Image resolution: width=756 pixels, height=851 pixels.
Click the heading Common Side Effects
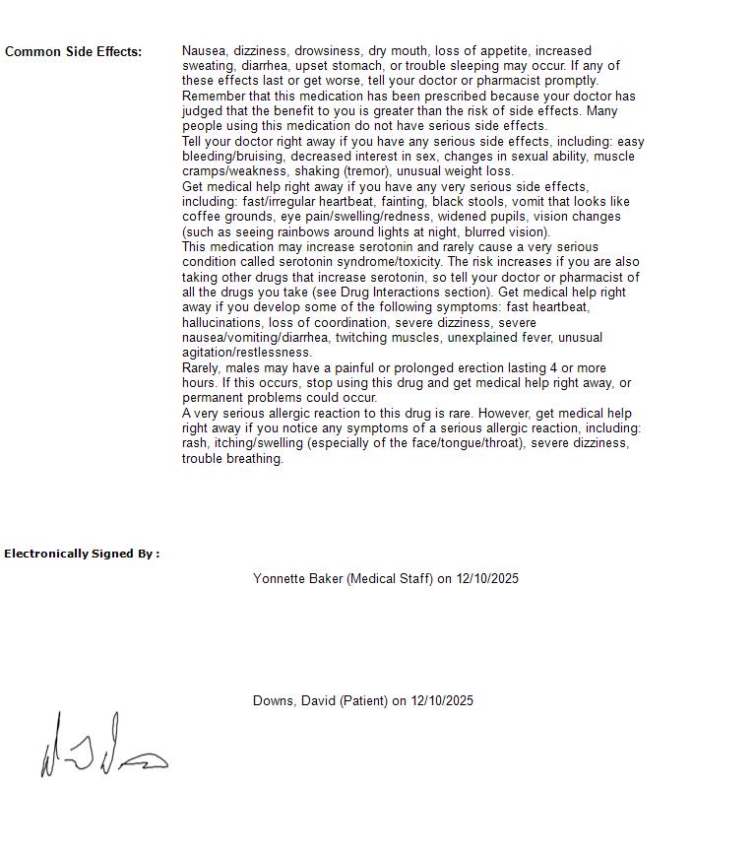pos(73,52)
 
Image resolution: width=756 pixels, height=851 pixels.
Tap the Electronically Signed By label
pos(82,554)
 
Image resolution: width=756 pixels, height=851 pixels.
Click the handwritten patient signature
pos(103,748)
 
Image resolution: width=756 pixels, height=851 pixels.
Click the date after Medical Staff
pos(487,579)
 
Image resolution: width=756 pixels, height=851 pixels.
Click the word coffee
pos(202,217)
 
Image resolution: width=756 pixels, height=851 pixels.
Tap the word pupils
pos(518,217)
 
